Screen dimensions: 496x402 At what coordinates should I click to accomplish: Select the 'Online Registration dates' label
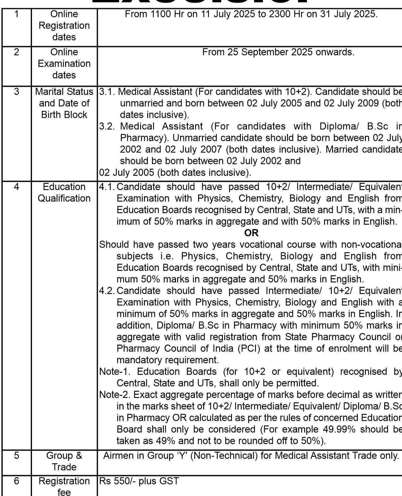click(x=64, y=25)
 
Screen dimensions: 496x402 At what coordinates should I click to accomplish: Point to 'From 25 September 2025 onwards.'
click(x=278, y=52)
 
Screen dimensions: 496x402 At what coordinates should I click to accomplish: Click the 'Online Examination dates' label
click(x=64, y=63)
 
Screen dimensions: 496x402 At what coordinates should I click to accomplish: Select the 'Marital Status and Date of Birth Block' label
click(x=64, y=103)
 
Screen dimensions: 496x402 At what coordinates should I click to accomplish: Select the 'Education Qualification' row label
click(x=64, y=192)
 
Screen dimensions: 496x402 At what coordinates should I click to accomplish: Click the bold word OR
click(x=251, y=233)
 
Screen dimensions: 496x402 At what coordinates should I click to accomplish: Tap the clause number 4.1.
click(x=107, y=187)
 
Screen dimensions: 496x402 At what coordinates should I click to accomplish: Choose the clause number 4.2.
click(x=107, y=290)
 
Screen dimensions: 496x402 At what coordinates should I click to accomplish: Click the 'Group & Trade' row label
click(x=64, y=461)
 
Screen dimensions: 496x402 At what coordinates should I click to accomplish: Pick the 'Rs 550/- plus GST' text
click(x=139, y=481)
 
